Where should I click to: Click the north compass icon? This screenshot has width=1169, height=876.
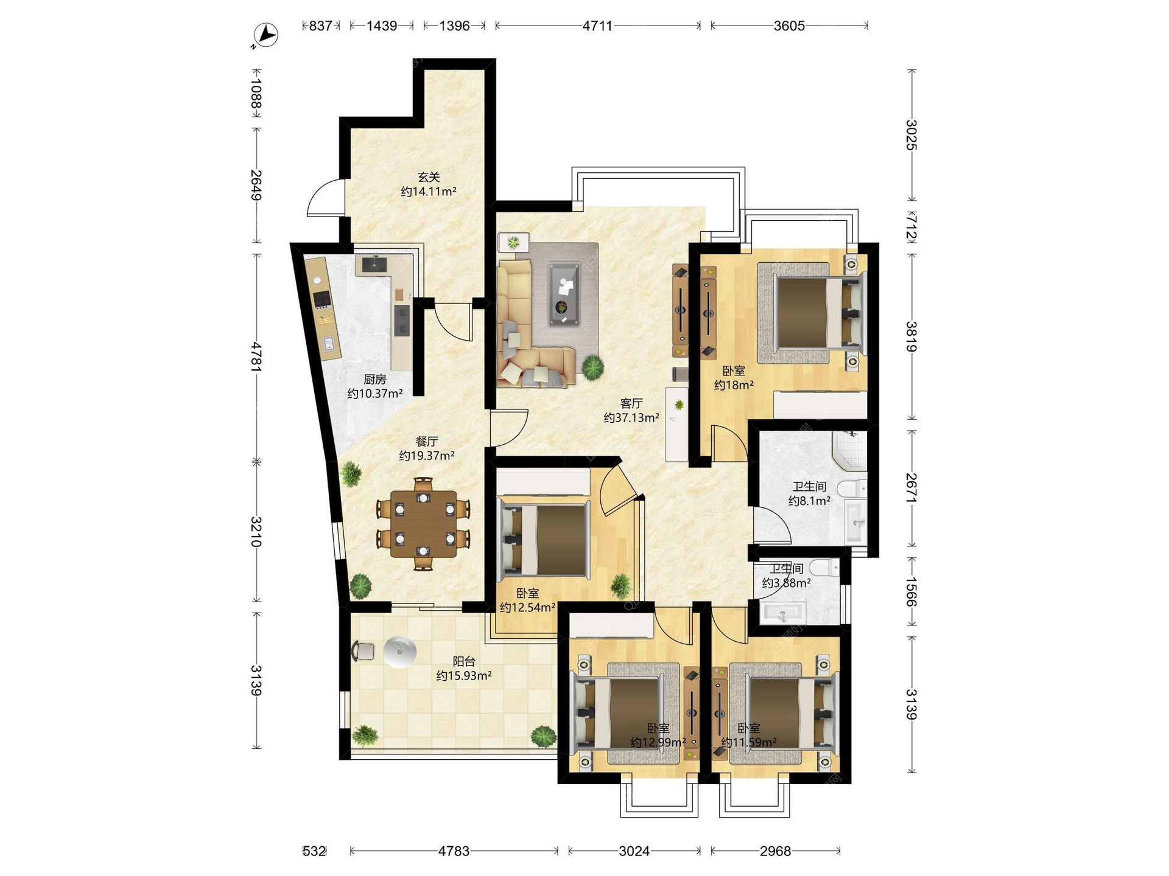[x=265, y=35]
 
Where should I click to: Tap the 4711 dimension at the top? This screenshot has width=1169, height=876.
[x=597, y=26]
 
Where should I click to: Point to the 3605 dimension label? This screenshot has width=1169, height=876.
[x=789, y=26]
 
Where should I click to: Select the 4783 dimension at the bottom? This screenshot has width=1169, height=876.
[x=454, y=851]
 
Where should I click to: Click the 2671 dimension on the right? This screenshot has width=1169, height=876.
[x=911, y=488]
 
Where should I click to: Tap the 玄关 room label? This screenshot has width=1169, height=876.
[x=429, y=177]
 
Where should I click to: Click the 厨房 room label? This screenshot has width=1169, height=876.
[x=375, y=380]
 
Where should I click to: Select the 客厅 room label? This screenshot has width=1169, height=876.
[x=631, y=403]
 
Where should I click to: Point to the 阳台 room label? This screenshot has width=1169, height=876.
[x=464, y=661]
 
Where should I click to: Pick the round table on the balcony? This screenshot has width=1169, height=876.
[x=400, y=652]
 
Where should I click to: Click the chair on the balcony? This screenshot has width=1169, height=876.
[x=363, y=650]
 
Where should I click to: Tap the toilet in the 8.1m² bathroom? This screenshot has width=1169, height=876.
[x=852, y=488]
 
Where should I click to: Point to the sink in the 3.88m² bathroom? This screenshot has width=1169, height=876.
[x=784, y=613]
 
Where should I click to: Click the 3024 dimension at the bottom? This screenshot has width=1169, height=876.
[x=634, y=851]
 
